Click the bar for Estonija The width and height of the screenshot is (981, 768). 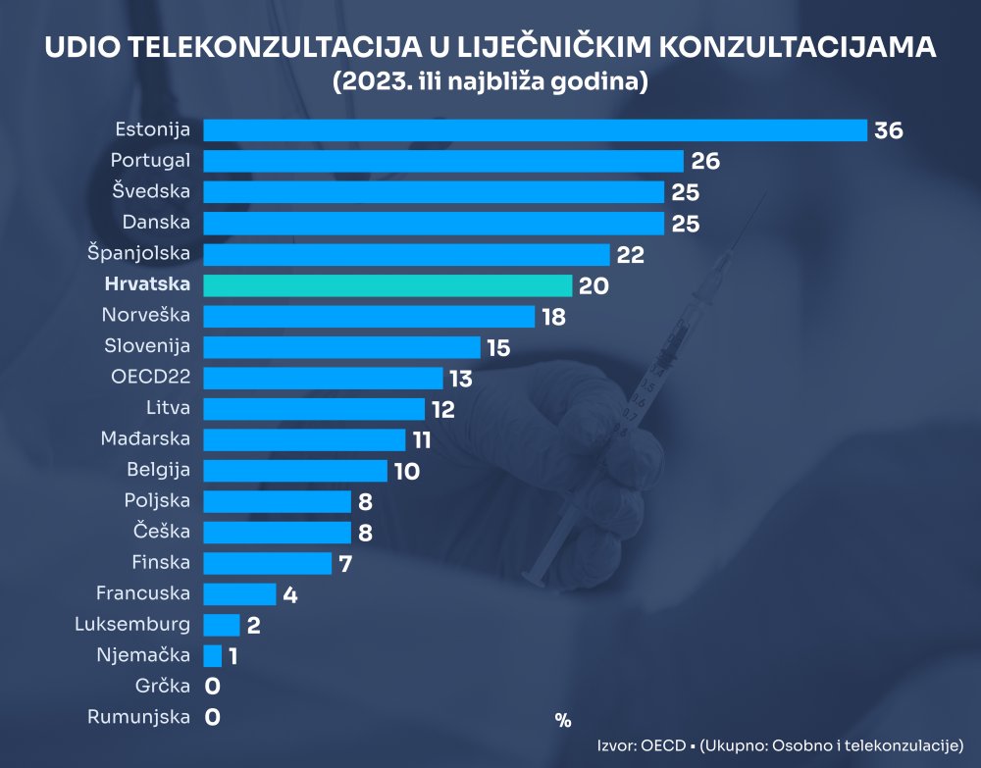[x=535, y=130]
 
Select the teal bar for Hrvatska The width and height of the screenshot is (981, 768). [x=387, y=285]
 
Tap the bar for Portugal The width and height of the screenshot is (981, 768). [x=442, y=161]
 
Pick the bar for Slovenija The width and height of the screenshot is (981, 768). [x=341, y=347]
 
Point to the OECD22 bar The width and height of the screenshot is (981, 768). [x=323, y=379]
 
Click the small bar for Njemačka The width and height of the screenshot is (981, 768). [x=213, y=655]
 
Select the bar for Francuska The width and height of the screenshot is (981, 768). [x=239, y=593]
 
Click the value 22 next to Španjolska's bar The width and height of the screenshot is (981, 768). [x=630, y=254]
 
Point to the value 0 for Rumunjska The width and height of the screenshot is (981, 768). [x=212, y=717]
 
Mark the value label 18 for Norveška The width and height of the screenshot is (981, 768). [x=553, y=317]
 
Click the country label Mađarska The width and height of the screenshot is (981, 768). [x=145, y=438]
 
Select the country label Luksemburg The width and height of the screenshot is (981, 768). [x=133, y=624]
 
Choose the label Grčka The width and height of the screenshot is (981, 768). [x=163, y=686]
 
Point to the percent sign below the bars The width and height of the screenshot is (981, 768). [x=562, y=720]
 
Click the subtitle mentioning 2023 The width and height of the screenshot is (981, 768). [x=490, y=82]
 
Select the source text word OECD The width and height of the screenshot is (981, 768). [x=663, y=744]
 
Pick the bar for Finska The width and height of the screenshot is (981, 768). [x=267, y=563]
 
